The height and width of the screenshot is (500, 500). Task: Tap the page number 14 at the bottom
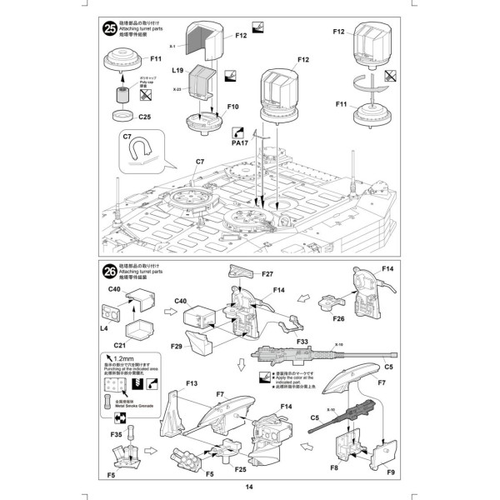tap(250, 487)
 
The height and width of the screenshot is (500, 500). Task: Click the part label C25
tap(144, 117)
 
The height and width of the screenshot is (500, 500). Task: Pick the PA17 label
tap(240, 143)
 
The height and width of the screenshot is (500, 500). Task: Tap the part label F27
tap(267, 274)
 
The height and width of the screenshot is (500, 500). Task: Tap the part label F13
tap(190, 383)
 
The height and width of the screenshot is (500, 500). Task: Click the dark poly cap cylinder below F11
tap(123, 89)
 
